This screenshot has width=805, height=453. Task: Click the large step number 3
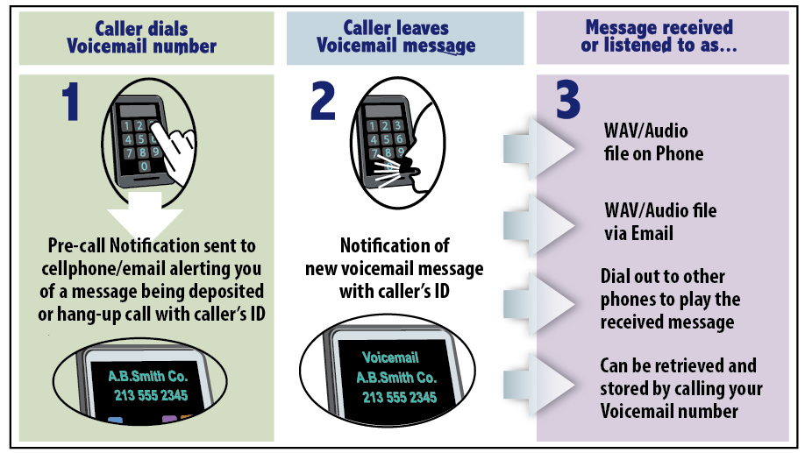[x=568, y=103]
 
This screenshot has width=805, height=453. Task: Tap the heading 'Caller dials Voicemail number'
[x=141, y=38]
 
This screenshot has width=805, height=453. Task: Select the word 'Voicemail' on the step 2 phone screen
[x=390, y=358]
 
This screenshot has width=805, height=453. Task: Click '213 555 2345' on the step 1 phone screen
[x=150, y=396]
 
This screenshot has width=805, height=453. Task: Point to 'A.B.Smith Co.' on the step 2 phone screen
[x=395, y=378]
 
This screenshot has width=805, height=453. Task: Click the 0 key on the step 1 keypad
[x=144, y=166]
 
